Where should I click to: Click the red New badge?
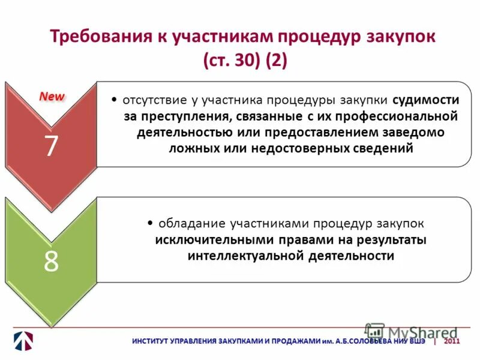52,96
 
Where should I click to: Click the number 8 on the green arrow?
51,262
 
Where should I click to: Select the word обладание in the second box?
191,223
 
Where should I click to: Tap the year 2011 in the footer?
452,341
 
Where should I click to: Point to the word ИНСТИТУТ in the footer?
152,341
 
